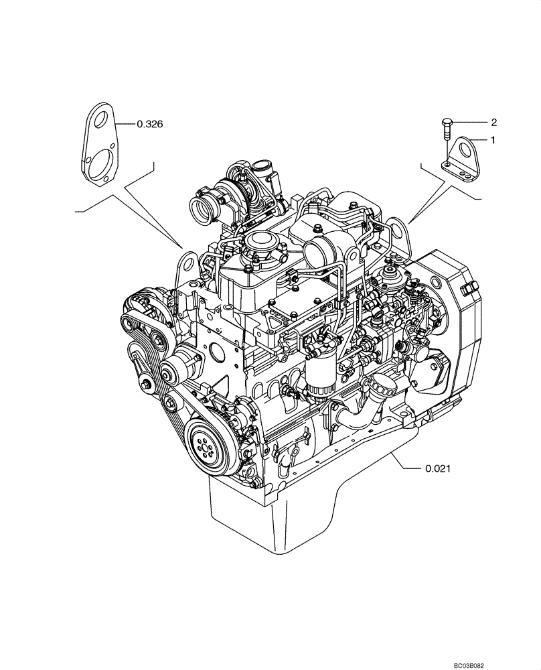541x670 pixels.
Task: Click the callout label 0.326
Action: (149, 124)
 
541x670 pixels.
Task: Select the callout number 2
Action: (493, 122)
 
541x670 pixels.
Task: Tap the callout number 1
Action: (493, 141)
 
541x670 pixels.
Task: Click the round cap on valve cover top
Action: (260, 241)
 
